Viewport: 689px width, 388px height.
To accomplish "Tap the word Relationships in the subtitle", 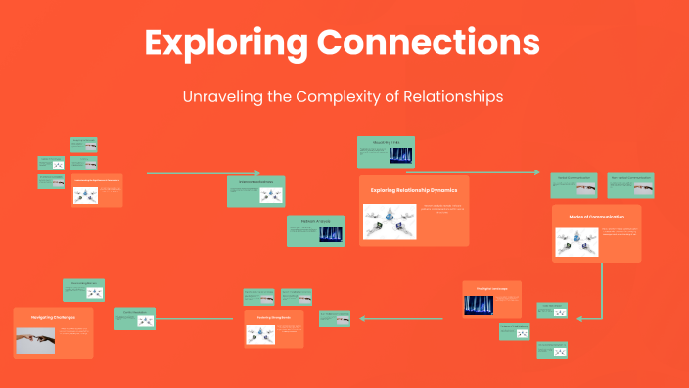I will coord(448,97).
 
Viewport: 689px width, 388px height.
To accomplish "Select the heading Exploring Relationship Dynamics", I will coord(413,190).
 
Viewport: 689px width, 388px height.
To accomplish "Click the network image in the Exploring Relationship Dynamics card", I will coord(391,221).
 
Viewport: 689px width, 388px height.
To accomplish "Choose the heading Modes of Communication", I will coord(596,216).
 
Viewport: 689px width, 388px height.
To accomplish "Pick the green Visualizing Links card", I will coord(386,152).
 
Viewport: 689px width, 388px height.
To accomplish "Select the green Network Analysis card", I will coord(315,230).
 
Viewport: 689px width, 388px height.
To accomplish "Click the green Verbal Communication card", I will coord(574,185).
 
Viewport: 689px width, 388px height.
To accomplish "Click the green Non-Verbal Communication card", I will coord(629,185).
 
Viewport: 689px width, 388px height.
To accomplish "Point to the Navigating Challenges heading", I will coord(54,318).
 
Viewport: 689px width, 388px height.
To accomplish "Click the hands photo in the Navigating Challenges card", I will coord(36,339).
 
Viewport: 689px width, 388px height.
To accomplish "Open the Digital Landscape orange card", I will coord(491,300).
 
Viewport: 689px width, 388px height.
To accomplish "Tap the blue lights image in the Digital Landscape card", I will coord(478,305).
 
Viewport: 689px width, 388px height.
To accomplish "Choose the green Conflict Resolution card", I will coord(135,317).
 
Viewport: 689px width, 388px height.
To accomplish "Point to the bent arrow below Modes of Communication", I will coord(599,294).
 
